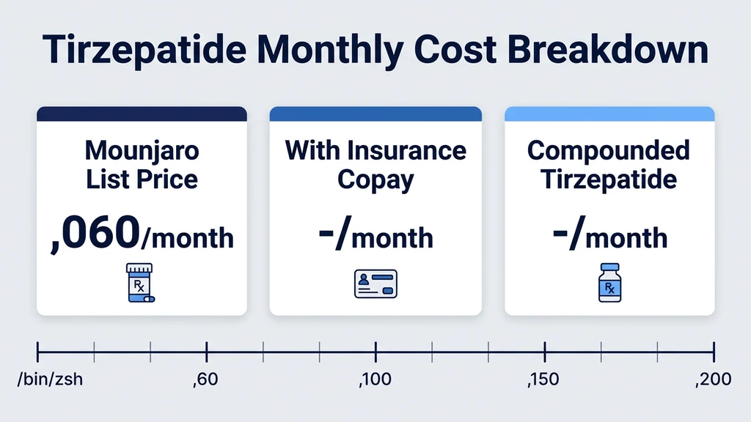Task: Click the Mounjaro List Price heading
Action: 142,165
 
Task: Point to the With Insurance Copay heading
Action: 375,165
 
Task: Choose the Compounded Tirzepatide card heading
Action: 609,165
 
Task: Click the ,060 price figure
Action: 95,235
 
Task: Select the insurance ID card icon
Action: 375,284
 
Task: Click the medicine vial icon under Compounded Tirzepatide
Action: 609,283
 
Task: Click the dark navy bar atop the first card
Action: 142,114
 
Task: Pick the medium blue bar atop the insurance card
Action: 375,114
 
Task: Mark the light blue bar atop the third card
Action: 609,114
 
